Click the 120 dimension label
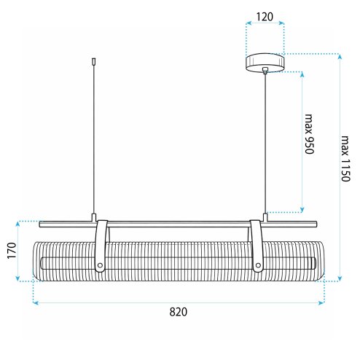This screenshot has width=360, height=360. tap(265, 17)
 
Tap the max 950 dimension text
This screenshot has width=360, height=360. tap(309, 134)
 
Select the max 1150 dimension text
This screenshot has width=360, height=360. tap(345, 159)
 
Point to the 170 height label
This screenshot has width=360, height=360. tap(12, 251)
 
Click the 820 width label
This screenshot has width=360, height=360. tap(179, 312)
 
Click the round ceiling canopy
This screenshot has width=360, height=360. tap(265, 63)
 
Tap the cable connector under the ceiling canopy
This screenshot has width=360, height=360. tap(265, 71)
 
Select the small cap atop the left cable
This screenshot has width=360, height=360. tap(94, 62)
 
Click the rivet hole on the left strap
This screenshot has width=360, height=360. tap(100, 265)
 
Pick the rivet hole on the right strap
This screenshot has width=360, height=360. tap(258, 265)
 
